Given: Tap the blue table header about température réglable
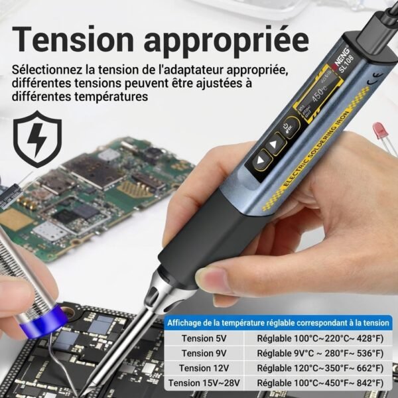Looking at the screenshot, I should pyautogui.click(x=278, y=322).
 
